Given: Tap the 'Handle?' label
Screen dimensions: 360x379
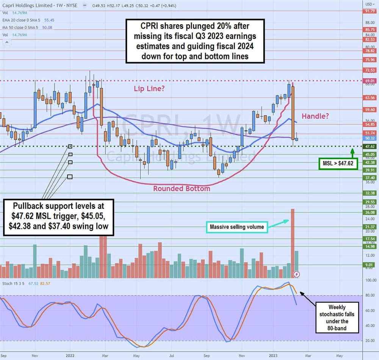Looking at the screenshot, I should coord(315,116).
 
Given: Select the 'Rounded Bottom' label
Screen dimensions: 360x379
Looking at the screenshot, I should coord(182,188).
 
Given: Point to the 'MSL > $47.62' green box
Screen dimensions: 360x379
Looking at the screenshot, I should coord(337,164).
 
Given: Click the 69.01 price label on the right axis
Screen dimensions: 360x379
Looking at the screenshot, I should coord(370,81).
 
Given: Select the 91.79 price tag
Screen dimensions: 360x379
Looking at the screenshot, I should coord(370,11).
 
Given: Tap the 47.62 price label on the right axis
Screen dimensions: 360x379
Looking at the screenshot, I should coord(370,146).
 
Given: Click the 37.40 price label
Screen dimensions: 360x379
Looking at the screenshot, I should coord(370,178).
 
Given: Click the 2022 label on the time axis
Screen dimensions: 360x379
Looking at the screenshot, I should coord(69,356).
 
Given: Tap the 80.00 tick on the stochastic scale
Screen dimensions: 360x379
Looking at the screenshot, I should coord(370,295).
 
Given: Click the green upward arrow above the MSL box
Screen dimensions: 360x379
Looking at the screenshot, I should coord(352,153).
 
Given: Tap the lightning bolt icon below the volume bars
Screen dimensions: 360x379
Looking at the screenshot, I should coord(297,274).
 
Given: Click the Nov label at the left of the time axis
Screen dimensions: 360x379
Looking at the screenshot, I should coord(34,356).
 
